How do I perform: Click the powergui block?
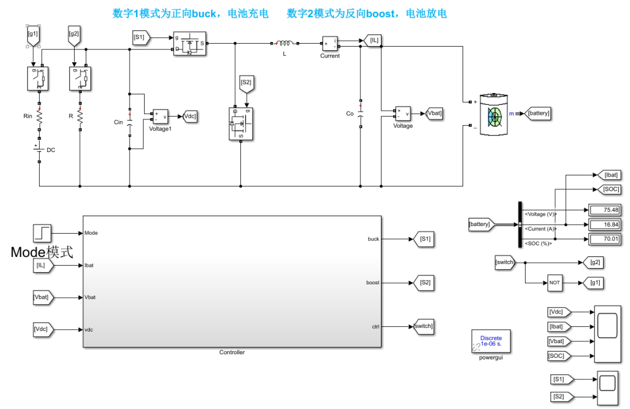click(491, 341)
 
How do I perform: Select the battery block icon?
click(494, 114)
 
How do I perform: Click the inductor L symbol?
click(285, 43)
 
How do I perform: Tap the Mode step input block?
click(42, 233)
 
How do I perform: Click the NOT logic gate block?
click(555, 283)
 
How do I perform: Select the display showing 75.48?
click(604, 210)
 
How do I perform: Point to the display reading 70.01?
click(604, 239)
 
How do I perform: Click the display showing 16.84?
click(604, 225)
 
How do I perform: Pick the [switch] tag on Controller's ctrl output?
click(423, 326)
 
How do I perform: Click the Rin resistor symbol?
click(40, 117)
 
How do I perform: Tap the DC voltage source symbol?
click(39, 149)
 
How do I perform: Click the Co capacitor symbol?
click(360, 114)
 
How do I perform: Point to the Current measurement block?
click(330, 43)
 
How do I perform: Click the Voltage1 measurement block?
click(160, 117)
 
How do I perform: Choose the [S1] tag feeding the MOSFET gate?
click(141, 37)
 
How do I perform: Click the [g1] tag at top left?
click(33, 36)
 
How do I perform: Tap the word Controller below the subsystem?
click(232, 352)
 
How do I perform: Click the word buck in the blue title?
click(204, 13)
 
